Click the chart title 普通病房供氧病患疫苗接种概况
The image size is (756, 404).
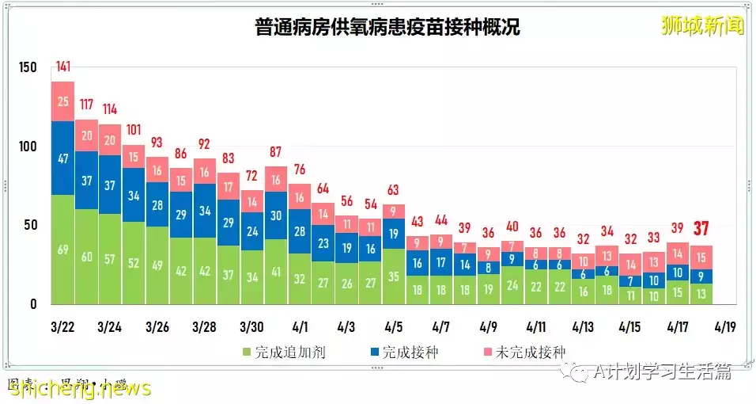[x=387, y=29]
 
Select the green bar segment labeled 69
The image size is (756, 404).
[x=63, y=250]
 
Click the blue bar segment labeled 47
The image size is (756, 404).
[x=63, y=158]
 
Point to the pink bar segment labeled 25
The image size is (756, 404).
[x=63, y=101]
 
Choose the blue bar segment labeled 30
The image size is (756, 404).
[x=276, y=215]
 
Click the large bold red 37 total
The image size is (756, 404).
[x=700, y=229]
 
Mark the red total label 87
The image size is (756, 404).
[x=276, y=152]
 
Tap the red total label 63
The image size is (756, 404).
[x=394, y=189]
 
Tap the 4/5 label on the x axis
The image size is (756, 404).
[x=394, y=326]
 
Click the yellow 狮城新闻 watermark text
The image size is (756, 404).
[x=702, y=26]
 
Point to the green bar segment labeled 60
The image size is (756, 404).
[x=87, y=257]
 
